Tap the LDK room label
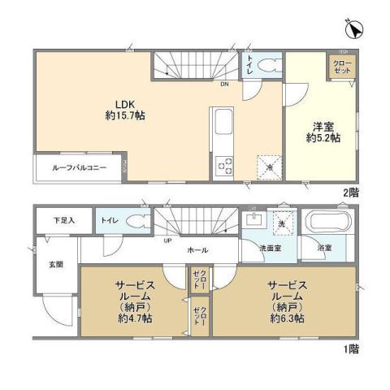(125, 103)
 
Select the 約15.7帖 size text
(125, 115)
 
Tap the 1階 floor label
(350, 348)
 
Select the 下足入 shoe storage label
(63, 219)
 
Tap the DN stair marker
(223, 83)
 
